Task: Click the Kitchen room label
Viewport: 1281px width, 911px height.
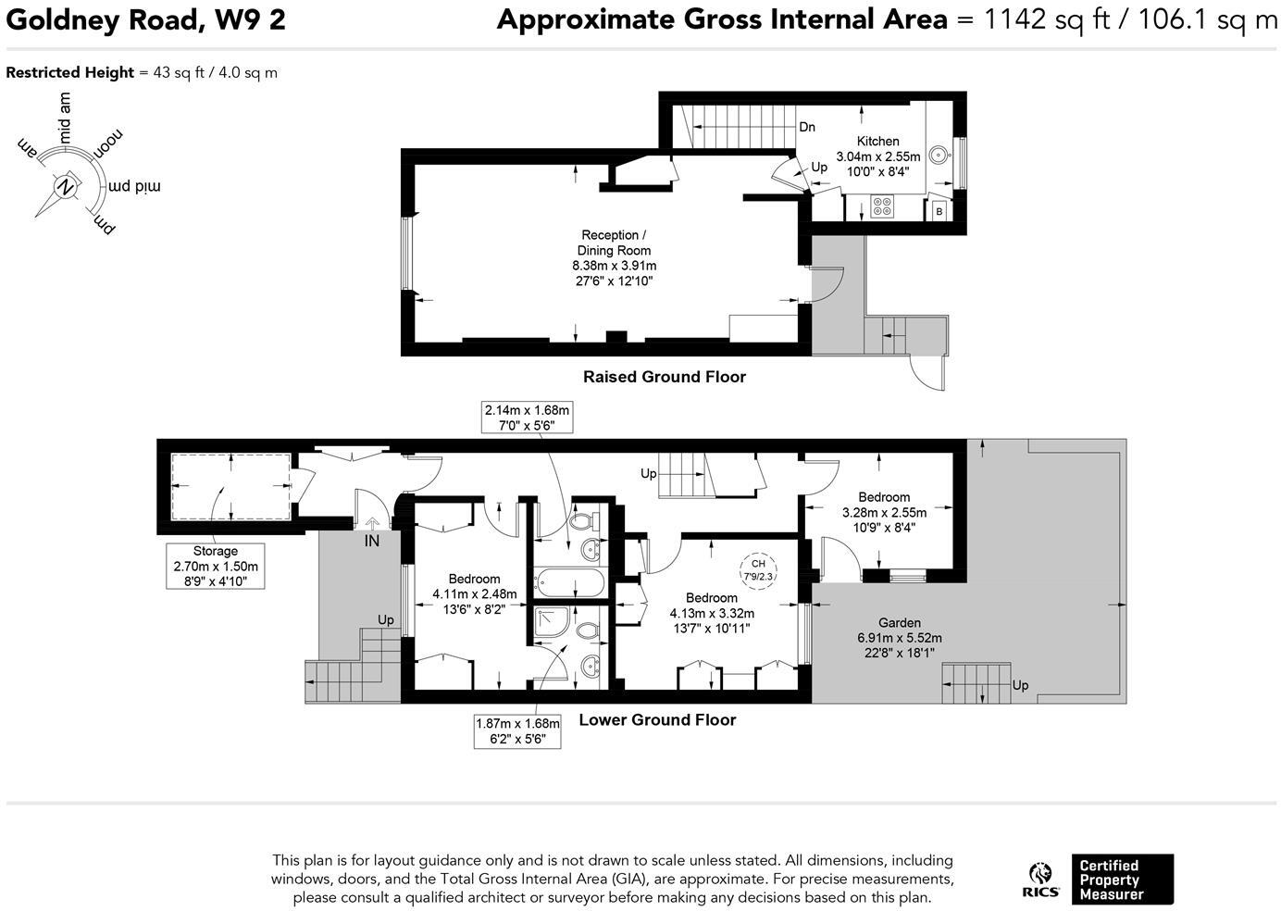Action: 877,142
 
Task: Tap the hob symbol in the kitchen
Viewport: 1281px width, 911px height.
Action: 882,206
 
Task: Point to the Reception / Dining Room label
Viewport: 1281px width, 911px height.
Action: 614,243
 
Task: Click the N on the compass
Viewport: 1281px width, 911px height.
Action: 67,187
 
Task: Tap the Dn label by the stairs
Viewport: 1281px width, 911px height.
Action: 807,127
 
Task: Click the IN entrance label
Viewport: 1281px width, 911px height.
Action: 372,541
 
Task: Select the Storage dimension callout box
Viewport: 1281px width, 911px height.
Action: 216,567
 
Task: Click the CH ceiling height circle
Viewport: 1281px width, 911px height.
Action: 758,570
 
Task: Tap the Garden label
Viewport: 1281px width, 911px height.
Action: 900,623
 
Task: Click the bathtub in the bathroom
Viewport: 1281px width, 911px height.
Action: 568,582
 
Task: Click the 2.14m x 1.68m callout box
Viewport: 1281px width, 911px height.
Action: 527,418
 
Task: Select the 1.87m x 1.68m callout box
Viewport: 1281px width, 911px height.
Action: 517,730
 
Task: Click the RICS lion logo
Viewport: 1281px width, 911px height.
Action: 1040,880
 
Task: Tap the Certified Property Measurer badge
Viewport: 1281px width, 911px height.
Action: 1123,880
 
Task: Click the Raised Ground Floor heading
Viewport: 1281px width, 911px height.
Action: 665,377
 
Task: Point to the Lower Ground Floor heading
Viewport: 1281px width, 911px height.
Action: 657,720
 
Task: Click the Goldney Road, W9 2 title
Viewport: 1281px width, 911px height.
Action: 146,20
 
